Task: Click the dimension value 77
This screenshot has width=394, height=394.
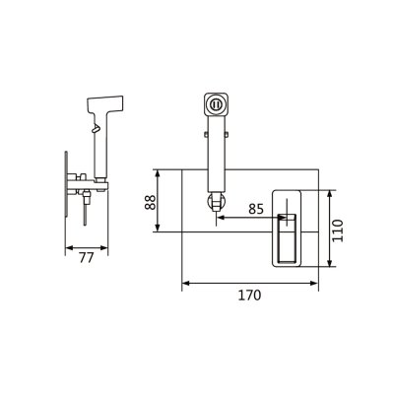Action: coord(87,258)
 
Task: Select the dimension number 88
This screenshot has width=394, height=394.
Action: coord(151,202)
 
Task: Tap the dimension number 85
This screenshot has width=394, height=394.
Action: coord(256,209)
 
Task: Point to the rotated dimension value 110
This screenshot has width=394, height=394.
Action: coord(338,230)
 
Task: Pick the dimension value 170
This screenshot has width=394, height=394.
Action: coord(249,295)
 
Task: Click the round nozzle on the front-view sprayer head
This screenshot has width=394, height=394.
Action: coord(216,104)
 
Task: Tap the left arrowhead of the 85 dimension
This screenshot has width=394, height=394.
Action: coord(222,217)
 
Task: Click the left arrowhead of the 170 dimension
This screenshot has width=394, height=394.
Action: coord(186,283)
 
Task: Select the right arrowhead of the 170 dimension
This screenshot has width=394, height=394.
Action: coord(314,283)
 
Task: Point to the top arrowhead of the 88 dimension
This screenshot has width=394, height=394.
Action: coord(158,173)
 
